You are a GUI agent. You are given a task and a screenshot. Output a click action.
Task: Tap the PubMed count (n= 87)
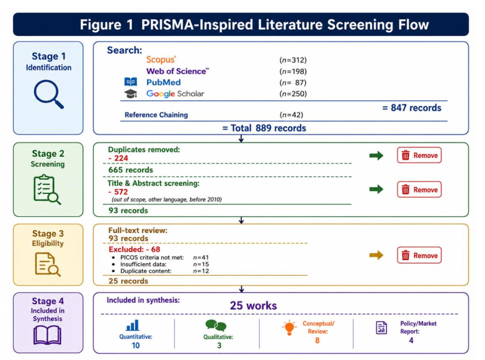pyautogui.click(x=293, y=82)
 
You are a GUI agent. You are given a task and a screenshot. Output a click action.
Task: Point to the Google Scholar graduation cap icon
pyautogui.click(x=130, y=94)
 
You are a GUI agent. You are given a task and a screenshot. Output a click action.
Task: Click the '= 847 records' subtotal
pyautogui.click(x=412, y=108)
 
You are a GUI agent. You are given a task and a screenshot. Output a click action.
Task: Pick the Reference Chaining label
pyautogui.click(x=156, y=115)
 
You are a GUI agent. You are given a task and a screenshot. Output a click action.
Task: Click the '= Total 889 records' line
pyautogui.click(x=264, y=128)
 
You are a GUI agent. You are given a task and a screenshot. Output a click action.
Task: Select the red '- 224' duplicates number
pyautogui.click(x=118, y=158)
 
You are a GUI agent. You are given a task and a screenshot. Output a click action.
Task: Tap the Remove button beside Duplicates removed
pyautogui.click(x=419, y=155)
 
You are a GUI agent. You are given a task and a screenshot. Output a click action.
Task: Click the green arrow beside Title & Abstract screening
pyautogui.click(x=376, y=189)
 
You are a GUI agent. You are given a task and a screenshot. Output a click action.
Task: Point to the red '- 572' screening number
pyautogui.click(x=118, y=192)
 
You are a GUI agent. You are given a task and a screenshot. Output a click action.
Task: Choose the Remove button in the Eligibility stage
pyautogui.click(x=419, y=255)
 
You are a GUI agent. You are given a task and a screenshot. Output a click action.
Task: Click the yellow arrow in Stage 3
pyautogui.click(x=376, y=255)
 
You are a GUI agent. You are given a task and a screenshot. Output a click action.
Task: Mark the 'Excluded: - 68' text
pyautogui.click(x=134, y=249)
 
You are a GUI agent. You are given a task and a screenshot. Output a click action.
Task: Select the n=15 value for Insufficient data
pyautogui.click(x=201, y=264)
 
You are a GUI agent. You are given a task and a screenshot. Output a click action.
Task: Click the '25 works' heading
pyautogui.click(x=253, y=305)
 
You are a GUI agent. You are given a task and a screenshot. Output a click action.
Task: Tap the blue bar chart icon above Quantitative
pyautogui.click(x=133, y=325)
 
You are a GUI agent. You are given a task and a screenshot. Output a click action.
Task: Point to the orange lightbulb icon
pyautogui.click(x=289, y=328)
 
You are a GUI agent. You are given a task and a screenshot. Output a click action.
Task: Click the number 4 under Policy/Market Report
pyautogui.click(x=411, y=341)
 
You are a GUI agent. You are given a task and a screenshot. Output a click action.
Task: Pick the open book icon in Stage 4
pyautogui.click(x=47, y=336)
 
